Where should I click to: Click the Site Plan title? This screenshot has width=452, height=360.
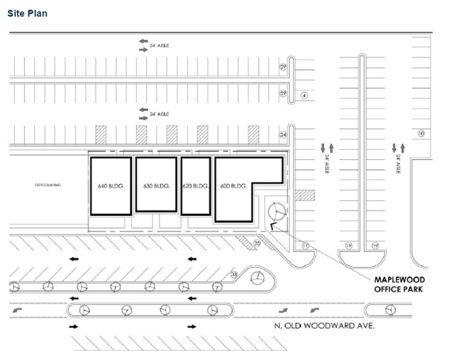(28, 13)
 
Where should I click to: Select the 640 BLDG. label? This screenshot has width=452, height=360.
(111, 186)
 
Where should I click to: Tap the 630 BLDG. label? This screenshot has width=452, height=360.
(156, 186)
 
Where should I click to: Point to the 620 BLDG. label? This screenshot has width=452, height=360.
(196, 186)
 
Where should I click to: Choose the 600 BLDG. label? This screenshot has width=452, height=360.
(233, 186)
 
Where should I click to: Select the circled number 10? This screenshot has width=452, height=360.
(421, 133)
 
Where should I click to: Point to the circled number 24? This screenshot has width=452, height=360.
(283, 134)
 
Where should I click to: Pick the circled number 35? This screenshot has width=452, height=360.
(257, 244)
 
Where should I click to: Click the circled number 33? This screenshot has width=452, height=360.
(233, 275)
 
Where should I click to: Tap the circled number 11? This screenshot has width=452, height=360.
(304, 246)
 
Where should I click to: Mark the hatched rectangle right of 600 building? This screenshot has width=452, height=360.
(304, 195)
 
